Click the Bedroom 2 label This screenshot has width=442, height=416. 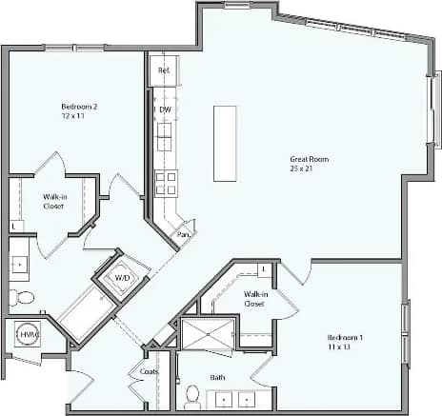click(x=79, y=107)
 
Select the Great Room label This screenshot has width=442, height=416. click(x=309, y=159)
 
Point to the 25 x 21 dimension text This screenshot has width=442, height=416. click(x=309, y=169)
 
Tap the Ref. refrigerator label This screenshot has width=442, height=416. click(x=163, y=70)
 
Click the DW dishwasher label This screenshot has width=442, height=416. click(x=165, y=109)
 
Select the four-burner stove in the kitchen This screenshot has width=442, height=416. click(x=166, y=182)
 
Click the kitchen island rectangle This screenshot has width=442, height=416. click(x=225, y=143)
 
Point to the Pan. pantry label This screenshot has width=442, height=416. click(x=184, y=233)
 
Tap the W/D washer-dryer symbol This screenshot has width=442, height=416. click(x=123, y=278)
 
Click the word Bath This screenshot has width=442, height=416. click(x=217, y=377)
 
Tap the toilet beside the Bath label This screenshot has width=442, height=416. click(x=192, y=395)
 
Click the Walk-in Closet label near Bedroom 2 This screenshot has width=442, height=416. click(x=53, y=201)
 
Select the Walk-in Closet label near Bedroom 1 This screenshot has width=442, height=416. click(x=253, y=299)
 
